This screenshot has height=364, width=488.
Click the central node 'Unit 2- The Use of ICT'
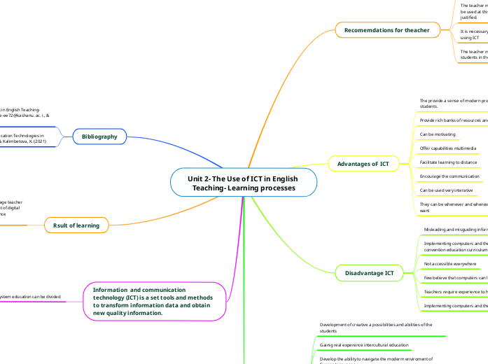[243, 183]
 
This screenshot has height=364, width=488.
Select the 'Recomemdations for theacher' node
[386, 29]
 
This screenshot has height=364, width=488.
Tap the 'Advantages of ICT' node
[363, 164]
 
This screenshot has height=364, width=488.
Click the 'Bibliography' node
[99, 136]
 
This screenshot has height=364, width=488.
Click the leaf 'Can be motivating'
[438, 134]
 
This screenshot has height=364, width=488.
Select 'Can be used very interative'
[446, 190]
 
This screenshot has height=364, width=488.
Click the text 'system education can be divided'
[29, 297]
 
